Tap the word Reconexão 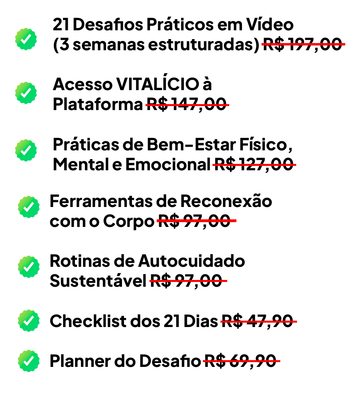226,201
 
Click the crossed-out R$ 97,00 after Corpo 195,221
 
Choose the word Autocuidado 191,261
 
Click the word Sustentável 98,281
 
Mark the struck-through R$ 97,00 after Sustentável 186,281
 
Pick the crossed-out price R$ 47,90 257,321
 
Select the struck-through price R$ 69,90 240,361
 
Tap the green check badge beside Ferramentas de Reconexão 29,207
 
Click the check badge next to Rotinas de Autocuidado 29,267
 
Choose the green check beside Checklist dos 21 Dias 29,321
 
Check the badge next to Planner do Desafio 29,361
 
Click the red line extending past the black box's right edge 343,44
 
